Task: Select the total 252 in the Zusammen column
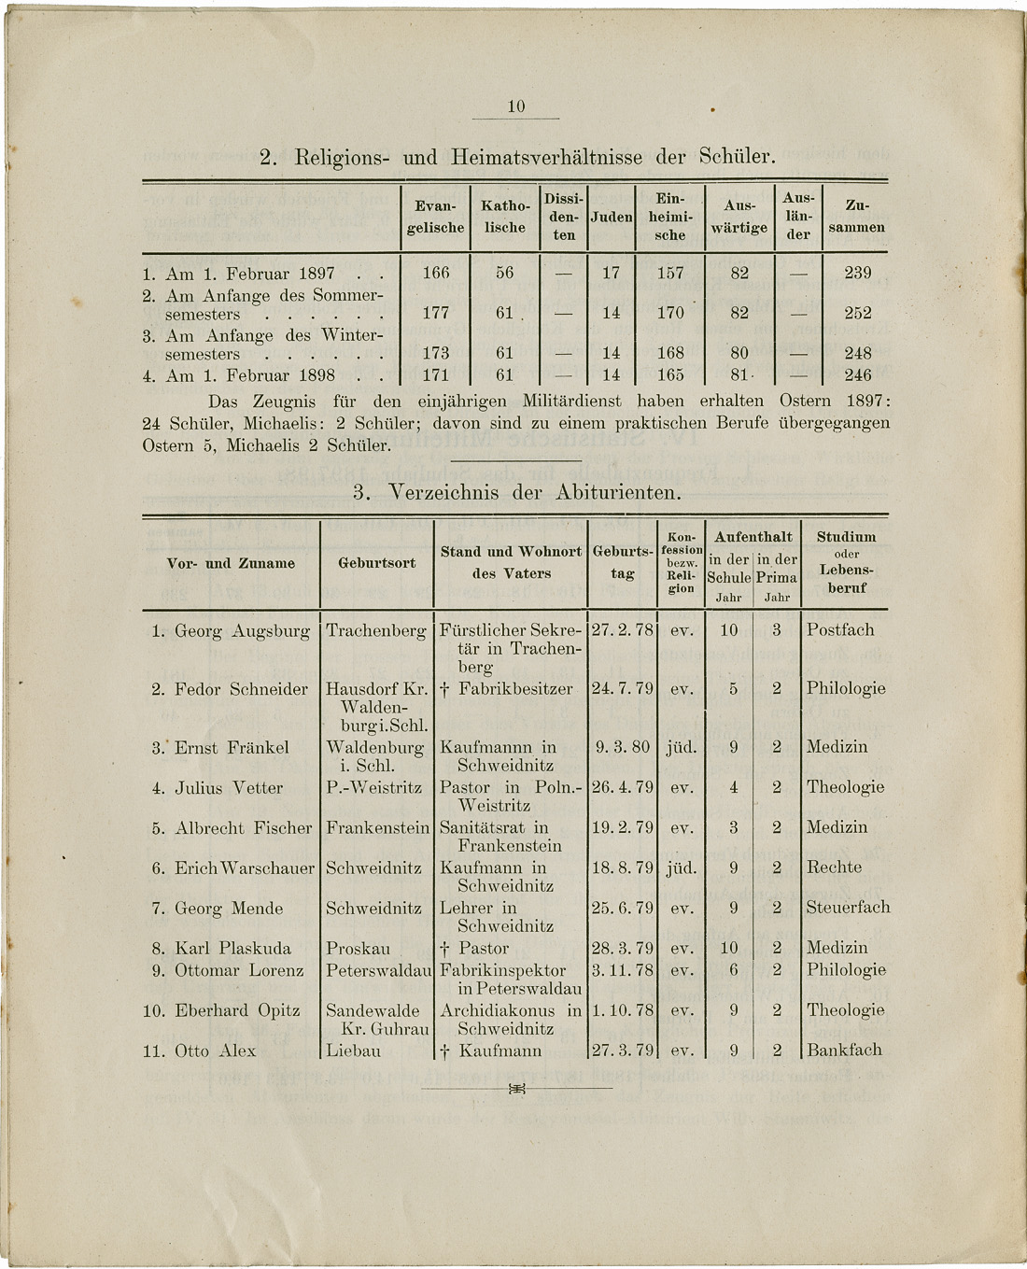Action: coord(857,314)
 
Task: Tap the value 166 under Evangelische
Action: coord(436,273)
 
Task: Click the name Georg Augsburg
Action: coord(242,630)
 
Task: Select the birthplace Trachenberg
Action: coord(376,630)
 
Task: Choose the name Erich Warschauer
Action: coord(246,867)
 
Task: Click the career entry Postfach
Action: coord(840,630)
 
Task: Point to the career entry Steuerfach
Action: coord(848,908)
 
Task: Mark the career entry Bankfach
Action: coord(844,1050)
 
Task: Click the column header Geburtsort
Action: coord(376,563)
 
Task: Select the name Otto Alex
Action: coord(215,1050)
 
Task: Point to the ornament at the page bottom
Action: coord(516,1089)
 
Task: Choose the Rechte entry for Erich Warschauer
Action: coord(834,867)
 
